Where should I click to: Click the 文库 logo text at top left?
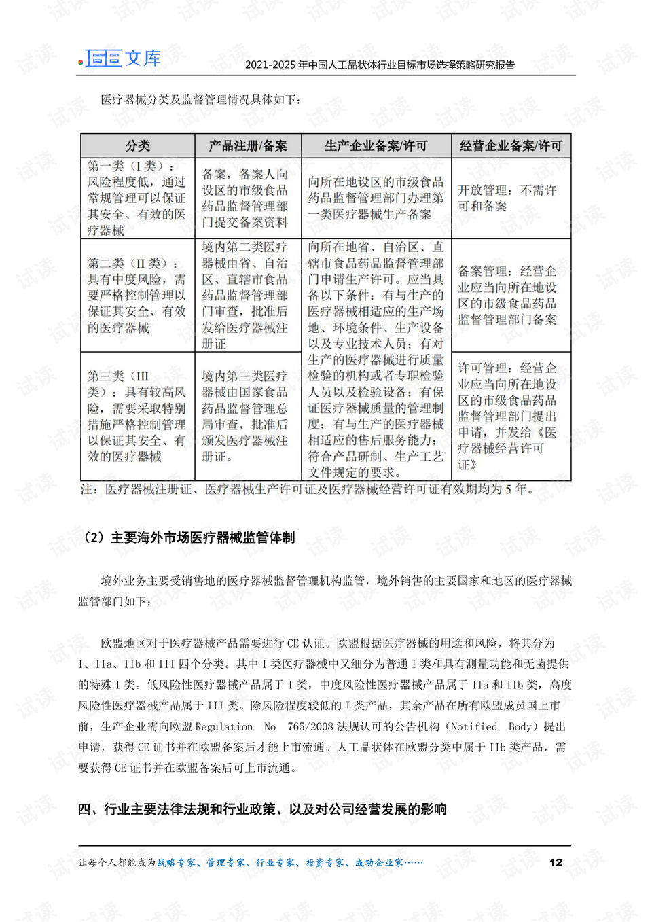click(x=143, y=58)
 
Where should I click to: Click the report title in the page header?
click(x=380, y=65)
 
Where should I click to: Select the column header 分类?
click(x=138, y=146)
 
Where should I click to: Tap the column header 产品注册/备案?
click(x=248, y=146)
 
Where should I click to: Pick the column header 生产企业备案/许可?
click(x=376, y=146)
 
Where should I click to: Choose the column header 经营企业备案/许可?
click(x=511, y=146)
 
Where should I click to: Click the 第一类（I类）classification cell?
click(x=137, y=198)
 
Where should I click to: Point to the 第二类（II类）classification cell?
click(x=137, y=296)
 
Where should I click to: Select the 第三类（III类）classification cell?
click(x=137, y=416)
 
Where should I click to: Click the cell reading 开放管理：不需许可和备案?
click(x=507, y=198)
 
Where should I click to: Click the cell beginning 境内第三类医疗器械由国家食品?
click(x=245, y=416)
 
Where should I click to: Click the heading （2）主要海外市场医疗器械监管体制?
click(x=188, y=538)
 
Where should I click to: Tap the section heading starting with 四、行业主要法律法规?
click(x=262, y=809)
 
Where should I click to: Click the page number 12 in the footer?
click(x=556, y=862)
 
